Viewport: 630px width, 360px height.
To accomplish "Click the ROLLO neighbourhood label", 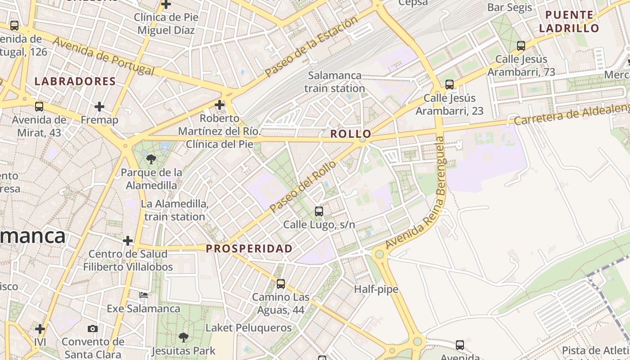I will [x=351, y=134].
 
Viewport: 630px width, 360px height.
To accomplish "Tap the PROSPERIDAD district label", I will [x=249, y=248].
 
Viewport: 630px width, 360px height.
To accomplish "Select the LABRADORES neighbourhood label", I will [x=75, y=81].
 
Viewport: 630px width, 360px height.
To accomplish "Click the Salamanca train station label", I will [x=334, y=82].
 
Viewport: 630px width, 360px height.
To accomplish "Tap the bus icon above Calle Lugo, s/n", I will [x=319, y=211].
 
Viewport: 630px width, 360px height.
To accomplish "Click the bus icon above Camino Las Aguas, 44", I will [x=281, y=284].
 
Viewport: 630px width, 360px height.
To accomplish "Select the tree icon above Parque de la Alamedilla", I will [x=151, y=159].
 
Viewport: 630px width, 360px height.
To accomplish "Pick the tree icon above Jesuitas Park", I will [x=183, y=337].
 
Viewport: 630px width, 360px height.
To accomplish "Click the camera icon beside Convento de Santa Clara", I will [x=93, y=329].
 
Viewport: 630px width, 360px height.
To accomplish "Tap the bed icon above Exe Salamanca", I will [x=144, y=295].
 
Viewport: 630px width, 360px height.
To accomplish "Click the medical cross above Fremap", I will [x=99, y=107].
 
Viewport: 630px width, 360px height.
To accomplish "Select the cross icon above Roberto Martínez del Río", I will [x=220, y=105].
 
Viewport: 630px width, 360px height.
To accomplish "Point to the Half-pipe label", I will [x=376, y=289].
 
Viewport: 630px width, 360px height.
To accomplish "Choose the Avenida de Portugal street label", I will [x=103, y=56].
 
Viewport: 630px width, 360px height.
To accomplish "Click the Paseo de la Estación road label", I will [x=311, y=46].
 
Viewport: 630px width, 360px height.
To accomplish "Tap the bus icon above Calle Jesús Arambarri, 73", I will [x=521, y=45].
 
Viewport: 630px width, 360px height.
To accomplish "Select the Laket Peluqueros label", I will [x=248, y=328].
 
